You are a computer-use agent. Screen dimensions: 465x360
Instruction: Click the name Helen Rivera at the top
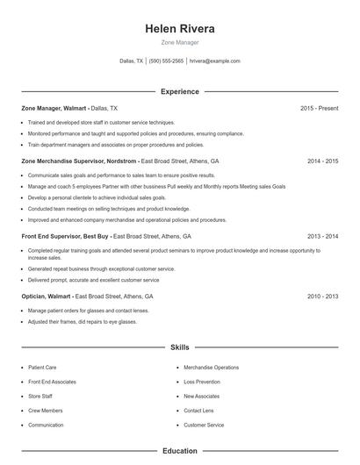tap(180, 28)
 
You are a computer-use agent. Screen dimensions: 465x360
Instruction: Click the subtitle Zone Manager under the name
tap(180, 41)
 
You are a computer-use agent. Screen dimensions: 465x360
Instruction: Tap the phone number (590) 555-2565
tap(166, 61)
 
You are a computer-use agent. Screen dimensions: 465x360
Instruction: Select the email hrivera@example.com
tap(215, 61)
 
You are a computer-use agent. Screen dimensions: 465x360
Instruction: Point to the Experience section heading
tap(180, 91)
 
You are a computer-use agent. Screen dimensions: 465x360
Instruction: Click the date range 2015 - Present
tap(319, 108)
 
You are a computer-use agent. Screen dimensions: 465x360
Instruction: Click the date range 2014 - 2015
tap(322, 161)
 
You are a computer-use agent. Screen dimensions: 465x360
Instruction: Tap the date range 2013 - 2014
tap(322, 236)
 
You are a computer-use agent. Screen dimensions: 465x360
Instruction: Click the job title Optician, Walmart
tap(46, 297)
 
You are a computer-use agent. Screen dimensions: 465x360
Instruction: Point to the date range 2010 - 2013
tap(322, 297)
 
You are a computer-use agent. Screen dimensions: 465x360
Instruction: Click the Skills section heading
tap(180, 347)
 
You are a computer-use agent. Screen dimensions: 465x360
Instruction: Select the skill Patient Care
tap(42, 368)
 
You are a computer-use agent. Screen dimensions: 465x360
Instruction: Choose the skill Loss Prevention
tap(203, 382)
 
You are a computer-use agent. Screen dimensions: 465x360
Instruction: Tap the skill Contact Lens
tap(199, 411)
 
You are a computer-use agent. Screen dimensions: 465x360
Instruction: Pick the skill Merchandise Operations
tap(211, 368)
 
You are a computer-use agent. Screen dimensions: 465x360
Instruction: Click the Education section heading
tap(180, 451)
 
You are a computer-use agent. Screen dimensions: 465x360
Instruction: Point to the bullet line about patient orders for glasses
tap(88, 311)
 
